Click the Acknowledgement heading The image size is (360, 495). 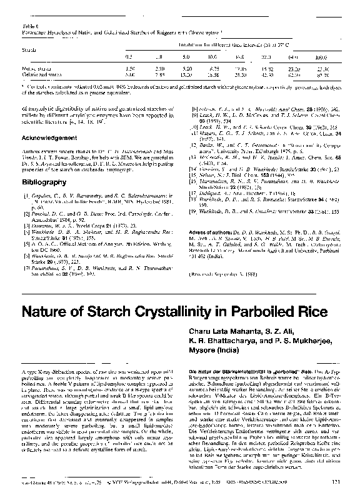[x=47, y=136]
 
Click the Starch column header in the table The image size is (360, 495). [x=29, y=47]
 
